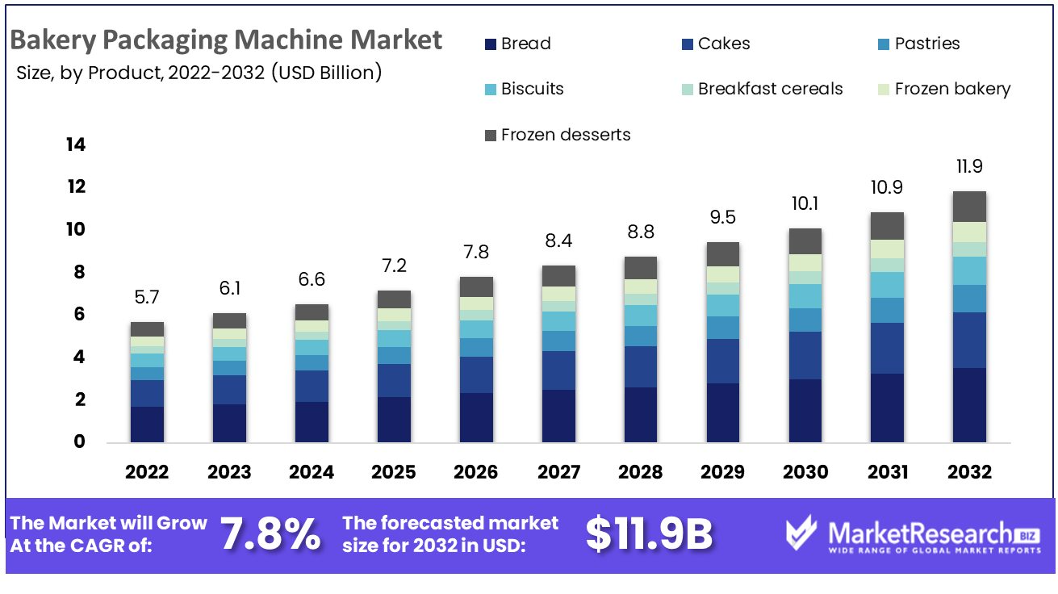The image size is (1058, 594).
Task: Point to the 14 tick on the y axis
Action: coord(76,145)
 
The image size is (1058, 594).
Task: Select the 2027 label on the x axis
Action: coord(558,472)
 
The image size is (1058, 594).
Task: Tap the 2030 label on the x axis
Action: coord(805,472)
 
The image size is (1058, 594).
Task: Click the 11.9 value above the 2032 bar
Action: coord(969,167)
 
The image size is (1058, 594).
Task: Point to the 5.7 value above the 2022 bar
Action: coord(147,297)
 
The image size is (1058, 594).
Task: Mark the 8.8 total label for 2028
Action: coord(641,232)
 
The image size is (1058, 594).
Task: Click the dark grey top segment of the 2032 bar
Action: coord(969,207)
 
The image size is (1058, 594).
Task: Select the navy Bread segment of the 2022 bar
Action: coord(147,425)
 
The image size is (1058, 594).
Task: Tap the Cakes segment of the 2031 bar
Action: coord(887,348)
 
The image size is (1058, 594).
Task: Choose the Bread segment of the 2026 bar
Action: coord(476,417)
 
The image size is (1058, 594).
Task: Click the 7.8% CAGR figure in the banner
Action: coord(270,534)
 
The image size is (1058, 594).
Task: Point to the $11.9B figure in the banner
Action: coord(649,534)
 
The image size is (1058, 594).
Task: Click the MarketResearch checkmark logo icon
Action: coord(802,535)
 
